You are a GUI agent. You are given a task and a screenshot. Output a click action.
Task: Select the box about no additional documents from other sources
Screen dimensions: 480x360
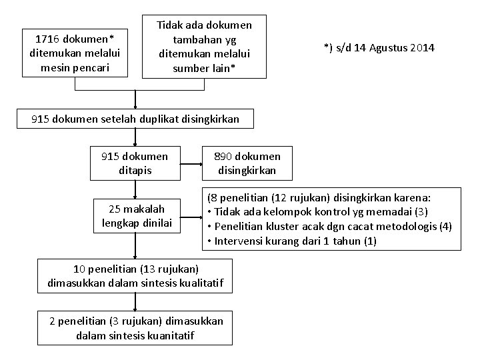pos(204,47)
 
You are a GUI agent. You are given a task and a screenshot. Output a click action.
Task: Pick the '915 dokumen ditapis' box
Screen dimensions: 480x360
pos(135,163)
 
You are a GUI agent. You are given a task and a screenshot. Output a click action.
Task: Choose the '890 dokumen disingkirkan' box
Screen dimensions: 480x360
pos(247,163)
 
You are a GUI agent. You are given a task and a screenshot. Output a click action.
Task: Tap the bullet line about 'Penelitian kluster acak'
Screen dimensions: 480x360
pos(329,227)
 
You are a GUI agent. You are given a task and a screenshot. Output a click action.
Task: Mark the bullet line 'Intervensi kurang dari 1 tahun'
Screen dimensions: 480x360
pos(292,241)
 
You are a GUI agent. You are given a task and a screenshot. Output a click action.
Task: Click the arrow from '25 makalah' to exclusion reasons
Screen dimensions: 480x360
pos(192,215)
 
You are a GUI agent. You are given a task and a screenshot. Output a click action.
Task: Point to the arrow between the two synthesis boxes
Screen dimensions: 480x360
pos(136,302)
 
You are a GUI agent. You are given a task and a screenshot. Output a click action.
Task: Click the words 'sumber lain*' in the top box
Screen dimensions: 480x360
pos(204,67)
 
